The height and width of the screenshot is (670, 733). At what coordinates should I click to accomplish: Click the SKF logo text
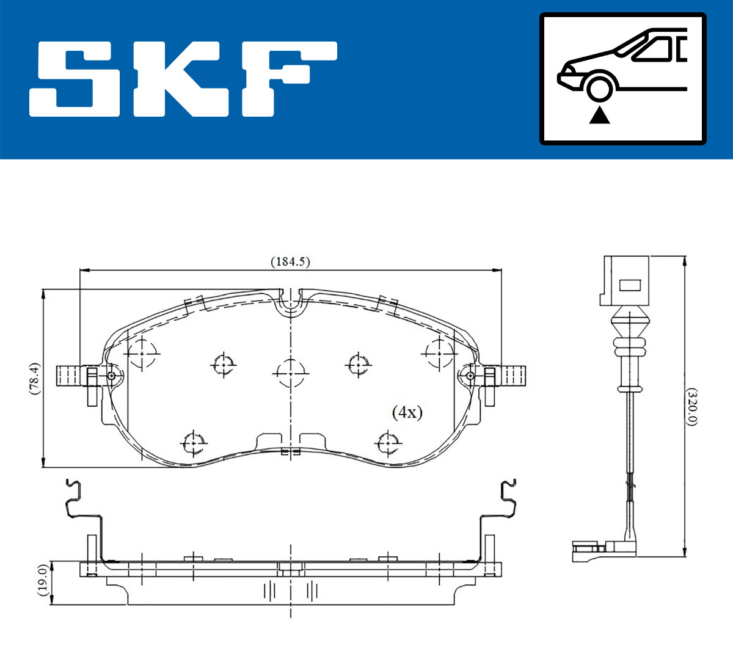[x=183, y=79]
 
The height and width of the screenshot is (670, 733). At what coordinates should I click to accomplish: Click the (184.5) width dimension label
[x=290, y=261]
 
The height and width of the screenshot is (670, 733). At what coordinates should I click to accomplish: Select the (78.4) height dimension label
[x=35, y=379]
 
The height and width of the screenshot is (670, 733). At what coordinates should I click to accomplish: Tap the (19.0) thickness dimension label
[x=42, y=581]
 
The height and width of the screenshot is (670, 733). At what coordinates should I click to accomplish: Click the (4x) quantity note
[x=407, y=412]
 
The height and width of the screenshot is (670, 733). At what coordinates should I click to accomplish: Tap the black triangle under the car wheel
[x=599, y=115]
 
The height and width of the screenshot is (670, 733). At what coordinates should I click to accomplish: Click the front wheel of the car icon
[x=599, y=87]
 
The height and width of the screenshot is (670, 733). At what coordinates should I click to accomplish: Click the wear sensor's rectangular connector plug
[x=627, y=281]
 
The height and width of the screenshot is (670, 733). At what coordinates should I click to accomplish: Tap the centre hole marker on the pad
[x=290, y=372]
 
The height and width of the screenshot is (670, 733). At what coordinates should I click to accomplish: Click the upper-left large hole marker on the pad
[x=142, y=354]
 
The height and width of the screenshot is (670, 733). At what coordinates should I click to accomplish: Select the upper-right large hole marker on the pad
[x=439, y=352]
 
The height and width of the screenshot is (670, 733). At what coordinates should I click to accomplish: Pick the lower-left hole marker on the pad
[x=194, y=442]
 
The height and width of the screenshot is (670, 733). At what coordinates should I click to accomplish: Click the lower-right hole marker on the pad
[x=388, y=442]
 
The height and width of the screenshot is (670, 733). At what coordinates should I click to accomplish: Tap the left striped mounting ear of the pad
[x=69, y=374]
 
